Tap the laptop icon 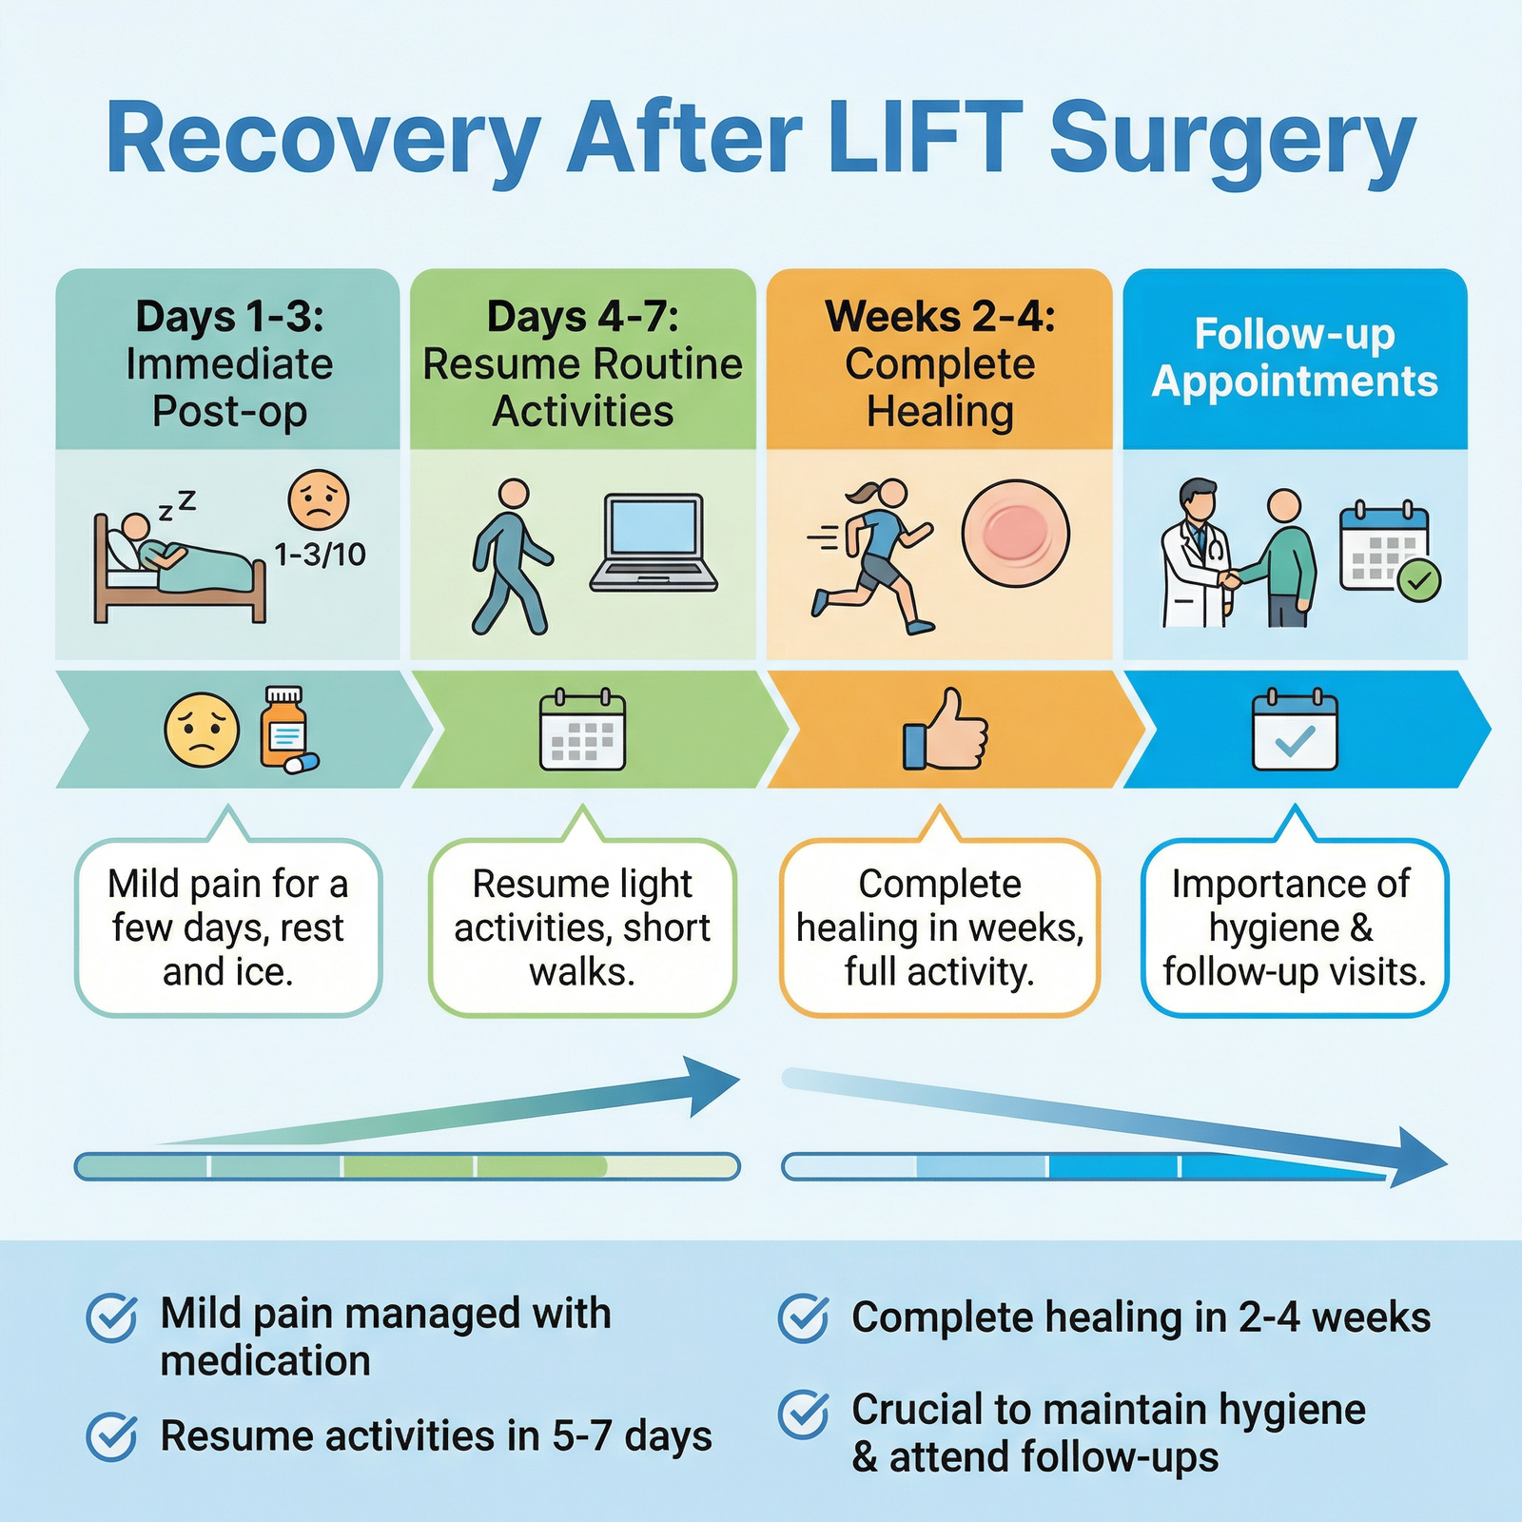tap(654, 543)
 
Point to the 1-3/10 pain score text tap(320, 555)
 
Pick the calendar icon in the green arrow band tap(582, 731)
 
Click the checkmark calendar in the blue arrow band tap(1295, 731)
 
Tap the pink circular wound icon tap(1015, 534)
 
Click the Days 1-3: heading tap(229, 317)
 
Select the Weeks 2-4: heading tap(940, 317)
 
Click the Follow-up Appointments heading tap(1295, 359)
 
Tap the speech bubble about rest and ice tap(228, 927)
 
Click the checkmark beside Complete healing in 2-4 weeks tap(804, 1318)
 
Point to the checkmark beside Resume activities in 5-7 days tap(112, 1436)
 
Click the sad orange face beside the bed tap(319, 500)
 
